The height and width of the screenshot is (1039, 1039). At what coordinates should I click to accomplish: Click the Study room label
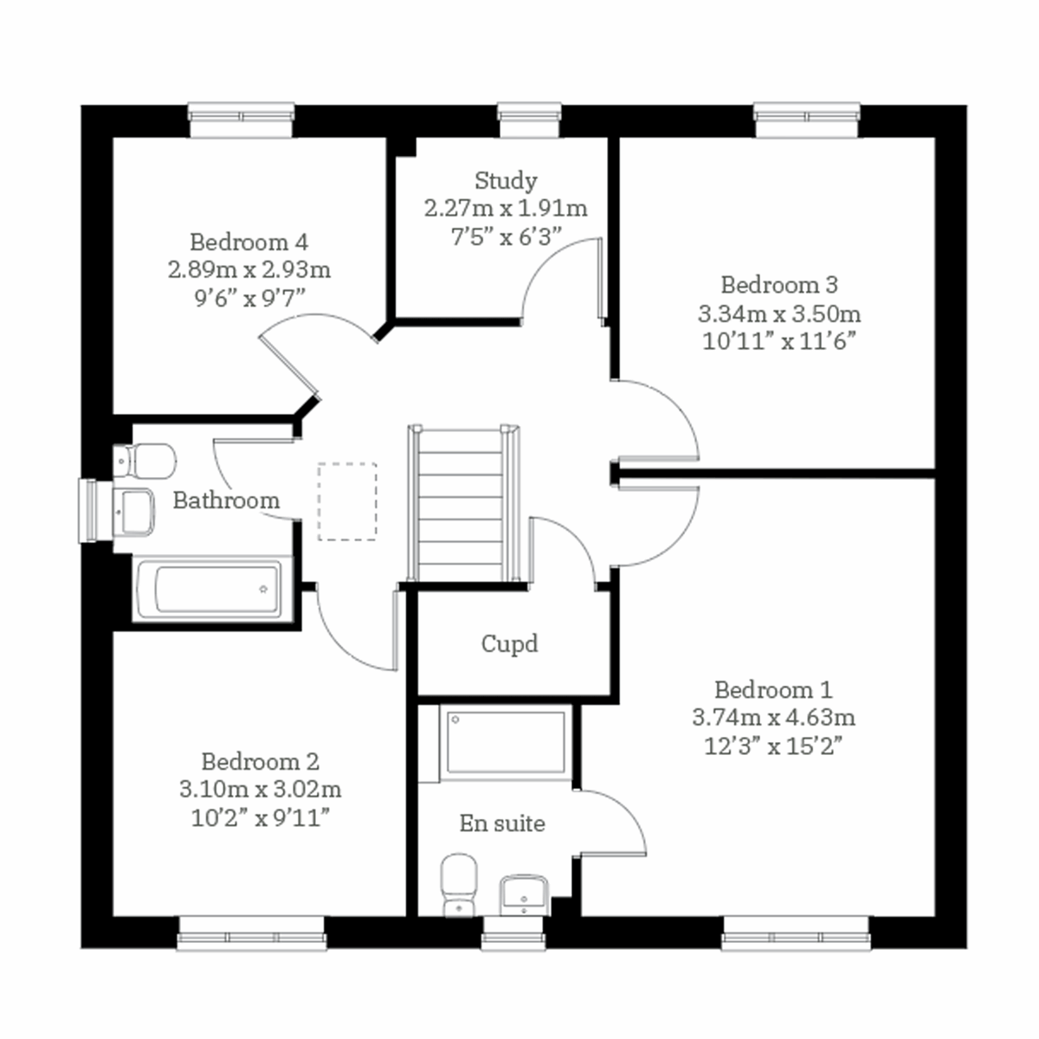click(x=506, y=181)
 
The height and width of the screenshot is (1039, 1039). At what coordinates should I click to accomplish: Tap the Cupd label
click(x=509, y=644)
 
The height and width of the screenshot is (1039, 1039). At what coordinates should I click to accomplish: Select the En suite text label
click(x=502, y=823)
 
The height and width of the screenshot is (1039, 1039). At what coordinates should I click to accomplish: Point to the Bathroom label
click(x=226, y=500)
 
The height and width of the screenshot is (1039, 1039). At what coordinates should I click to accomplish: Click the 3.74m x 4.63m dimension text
click(x=773, y=718)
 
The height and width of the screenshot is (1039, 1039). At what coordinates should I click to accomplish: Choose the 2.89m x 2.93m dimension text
click(x=249, y=269)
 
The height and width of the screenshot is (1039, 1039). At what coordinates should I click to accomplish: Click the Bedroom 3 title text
click(x=779, y=285)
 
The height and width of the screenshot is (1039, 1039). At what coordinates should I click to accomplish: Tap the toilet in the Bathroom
click(x=145, y=461)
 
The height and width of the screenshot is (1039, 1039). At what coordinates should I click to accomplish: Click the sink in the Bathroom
click(x=134, y=512)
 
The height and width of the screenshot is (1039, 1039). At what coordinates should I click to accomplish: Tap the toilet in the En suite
click(x=459, y=883)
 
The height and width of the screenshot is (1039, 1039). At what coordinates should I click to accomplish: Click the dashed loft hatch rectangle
click(x=347, y=501)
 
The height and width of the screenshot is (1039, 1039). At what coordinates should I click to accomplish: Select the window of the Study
click(x=529, y=120)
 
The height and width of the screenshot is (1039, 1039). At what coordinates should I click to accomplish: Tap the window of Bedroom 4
click(x=242, y=120)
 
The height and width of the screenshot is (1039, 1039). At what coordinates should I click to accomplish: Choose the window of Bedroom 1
click(x=795, y=934)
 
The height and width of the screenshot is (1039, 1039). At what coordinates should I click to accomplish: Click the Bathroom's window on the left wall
click(x=89, y=511)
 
